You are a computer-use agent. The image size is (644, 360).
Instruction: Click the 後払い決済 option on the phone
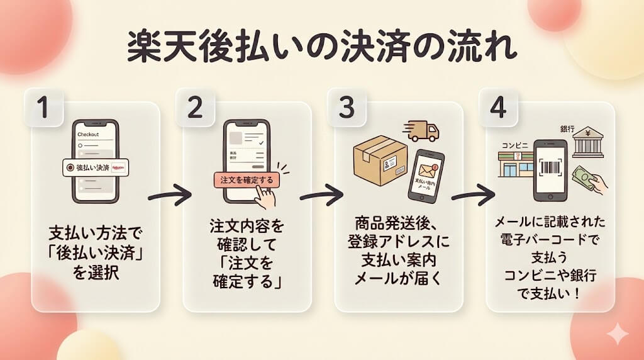pos(96,168)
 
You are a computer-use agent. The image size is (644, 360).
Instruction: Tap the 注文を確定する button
pos(247,180)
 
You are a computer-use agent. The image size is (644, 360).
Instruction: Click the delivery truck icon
pos(422,130)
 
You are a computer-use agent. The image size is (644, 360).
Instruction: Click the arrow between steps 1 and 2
pos(169,195)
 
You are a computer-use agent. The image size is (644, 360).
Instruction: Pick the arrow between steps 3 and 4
pos(474,195)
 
